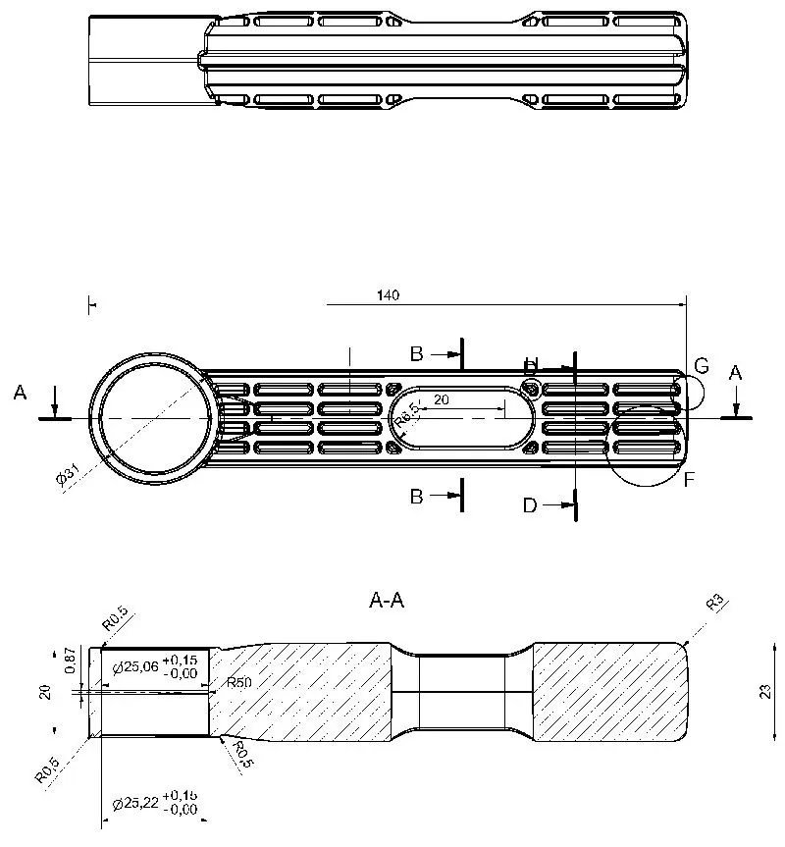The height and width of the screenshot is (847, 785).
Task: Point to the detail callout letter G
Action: point(701,366)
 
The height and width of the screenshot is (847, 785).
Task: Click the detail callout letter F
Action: point(689,480)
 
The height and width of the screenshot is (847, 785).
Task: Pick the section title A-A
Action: point(388,602)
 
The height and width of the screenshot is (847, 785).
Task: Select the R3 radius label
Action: point(715,602)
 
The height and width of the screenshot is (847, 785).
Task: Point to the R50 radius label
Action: point(238,683)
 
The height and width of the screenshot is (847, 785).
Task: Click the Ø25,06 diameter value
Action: point(135,667)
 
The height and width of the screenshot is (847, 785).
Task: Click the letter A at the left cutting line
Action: point(20,393)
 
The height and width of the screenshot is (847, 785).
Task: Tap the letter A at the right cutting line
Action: point(736,372)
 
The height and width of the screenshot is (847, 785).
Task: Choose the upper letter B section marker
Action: point(416,352)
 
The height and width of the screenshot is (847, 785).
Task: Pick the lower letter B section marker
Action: point(416,497)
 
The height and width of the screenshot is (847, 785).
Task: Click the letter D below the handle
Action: point(530,505)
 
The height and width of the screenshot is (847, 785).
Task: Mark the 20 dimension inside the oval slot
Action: point(441,399)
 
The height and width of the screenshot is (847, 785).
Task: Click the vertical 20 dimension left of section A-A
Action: point(44,692)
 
